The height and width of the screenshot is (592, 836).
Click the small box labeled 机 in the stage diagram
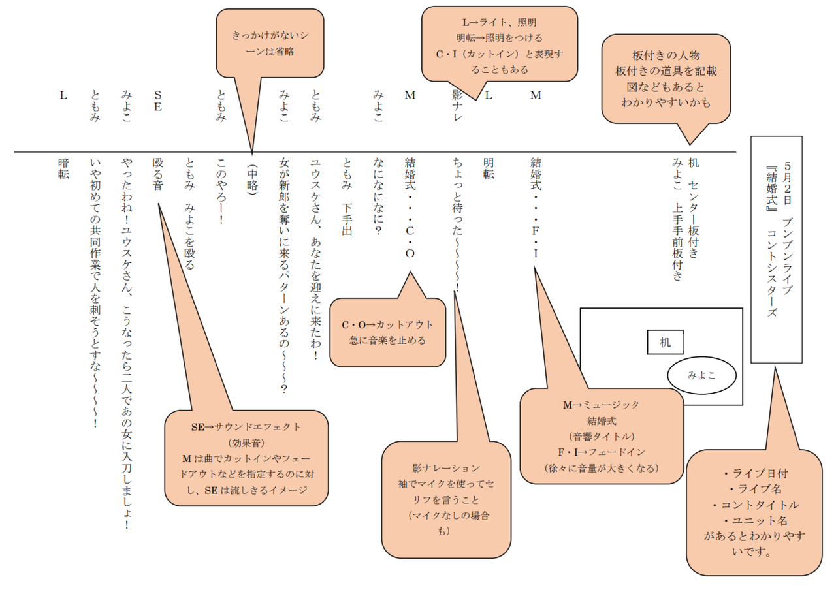665,342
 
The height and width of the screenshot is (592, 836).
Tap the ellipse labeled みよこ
701,375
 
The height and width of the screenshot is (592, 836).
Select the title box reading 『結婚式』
777,249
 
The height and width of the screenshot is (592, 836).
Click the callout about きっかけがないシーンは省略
270,43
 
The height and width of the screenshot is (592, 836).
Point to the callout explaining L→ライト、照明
500,44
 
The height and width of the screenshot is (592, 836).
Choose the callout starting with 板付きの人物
666,78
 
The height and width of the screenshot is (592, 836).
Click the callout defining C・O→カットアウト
387,332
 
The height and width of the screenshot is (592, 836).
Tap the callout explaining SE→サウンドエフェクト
246,458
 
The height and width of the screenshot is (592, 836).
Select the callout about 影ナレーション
446,499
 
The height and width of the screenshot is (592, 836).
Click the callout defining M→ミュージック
602,436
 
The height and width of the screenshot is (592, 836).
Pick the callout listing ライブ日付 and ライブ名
754,512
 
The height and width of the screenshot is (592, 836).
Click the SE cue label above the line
158,101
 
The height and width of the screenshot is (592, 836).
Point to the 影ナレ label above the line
457,106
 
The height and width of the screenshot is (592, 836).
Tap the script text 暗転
63,168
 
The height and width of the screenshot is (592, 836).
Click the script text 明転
489,168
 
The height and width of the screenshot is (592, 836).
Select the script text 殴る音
158,174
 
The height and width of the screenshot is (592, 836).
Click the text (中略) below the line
252,179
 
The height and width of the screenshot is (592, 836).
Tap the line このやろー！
221,191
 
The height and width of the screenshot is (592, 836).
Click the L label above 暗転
63,95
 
